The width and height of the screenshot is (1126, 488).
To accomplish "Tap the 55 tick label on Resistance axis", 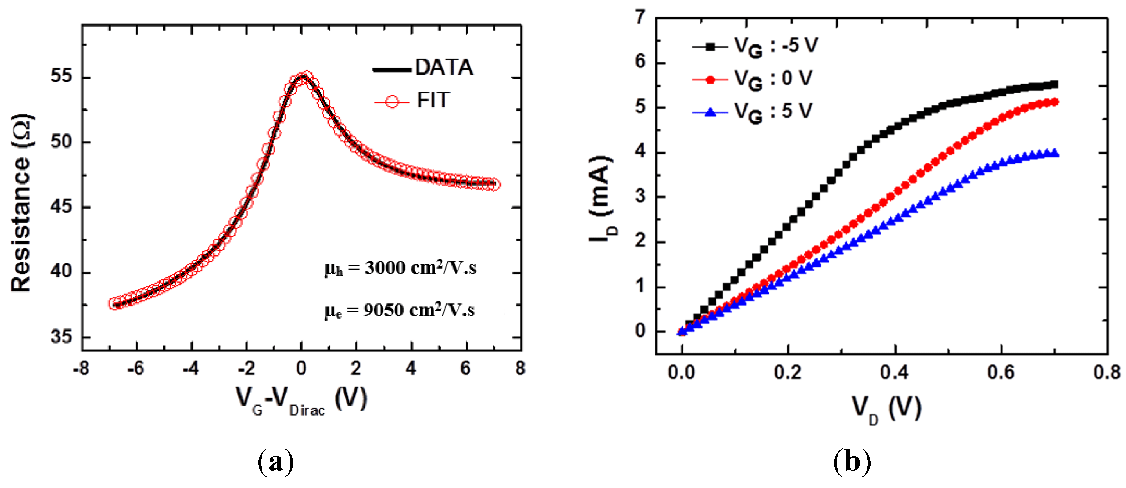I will (61, 76).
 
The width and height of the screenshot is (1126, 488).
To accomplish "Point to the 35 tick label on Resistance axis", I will (61, 337).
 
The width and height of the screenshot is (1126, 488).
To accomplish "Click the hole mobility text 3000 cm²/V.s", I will (400, 268).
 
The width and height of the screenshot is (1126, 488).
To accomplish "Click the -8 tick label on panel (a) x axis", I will (81, 369).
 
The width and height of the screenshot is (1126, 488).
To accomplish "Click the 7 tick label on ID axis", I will (640, 17).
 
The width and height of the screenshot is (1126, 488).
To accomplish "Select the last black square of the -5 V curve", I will (1054, 84).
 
